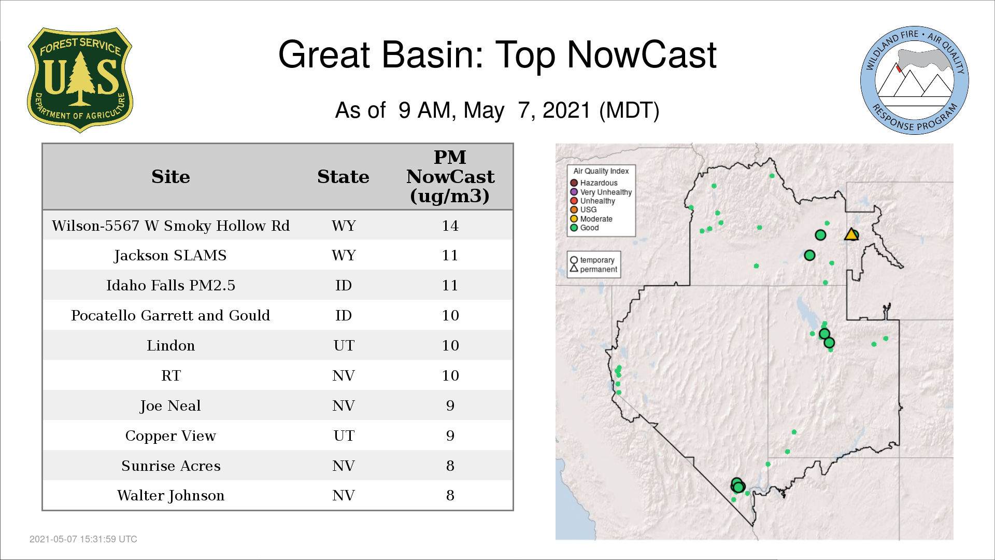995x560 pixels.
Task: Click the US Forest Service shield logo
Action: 80,80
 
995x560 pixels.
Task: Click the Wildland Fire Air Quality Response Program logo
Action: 915,80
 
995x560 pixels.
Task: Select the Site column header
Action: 170,177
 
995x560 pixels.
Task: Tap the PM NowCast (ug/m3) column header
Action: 450,176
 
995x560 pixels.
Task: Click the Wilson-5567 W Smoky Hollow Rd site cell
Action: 170,226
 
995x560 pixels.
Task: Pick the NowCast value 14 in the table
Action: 450,226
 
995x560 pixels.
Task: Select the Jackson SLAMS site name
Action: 170,256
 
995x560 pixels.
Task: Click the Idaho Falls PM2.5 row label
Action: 170,285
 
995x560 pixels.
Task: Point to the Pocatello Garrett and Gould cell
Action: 170,315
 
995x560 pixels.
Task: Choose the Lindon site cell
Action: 170,345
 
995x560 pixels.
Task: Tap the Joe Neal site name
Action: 170,405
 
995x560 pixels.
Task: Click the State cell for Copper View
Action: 344,436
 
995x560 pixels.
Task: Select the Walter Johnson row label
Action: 170,496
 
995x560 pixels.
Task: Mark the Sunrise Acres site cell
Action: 170,466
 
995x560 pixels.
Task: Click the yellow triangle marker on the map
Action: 851,235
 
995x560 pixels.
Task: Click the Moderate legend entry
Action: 591,219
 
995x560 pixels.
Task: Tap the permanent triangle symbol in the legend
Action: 574,269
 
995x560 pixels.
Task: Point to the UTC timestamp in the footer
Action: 83,539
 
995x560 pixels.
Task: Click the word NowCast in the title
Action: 642,54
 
